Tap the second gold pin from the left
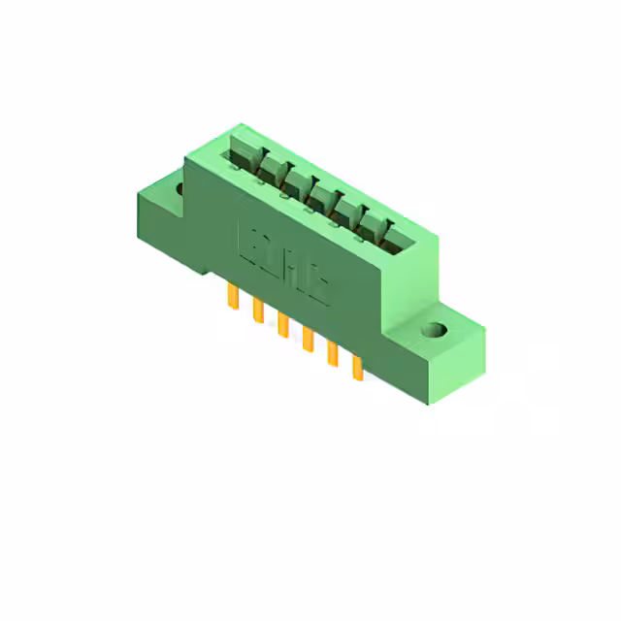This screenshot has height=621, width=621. pos(258,311)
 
